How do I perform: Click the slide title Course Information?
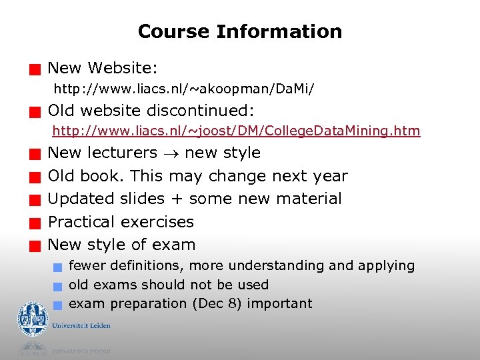click(x=239, y=31)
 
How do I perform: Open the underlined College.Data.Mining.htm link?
click(x=236, y=131)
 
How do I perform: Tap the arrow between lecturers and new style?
click(x=171, y=153)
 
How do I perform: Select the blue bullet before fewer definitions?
click(x=58, y=267)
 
